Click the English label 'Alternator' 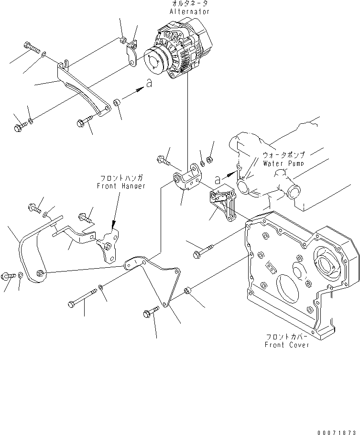(x=189, y=11)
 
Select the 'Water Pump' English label (x=284, y=163)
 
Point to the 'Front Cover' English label (x=287, y=345)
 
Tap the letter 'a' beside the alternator (x=149, y=83)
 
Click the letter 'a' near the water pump (x=218, y=180)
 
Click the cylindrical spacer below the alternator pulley (x=117, y=102)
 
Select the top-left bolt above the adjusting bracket (x=31, y=47)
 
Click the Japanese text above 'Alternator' (x=189, y=3)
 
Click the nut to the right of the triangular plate (x=187, y=290)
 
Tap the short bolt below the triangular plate (x=149, y=314)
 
